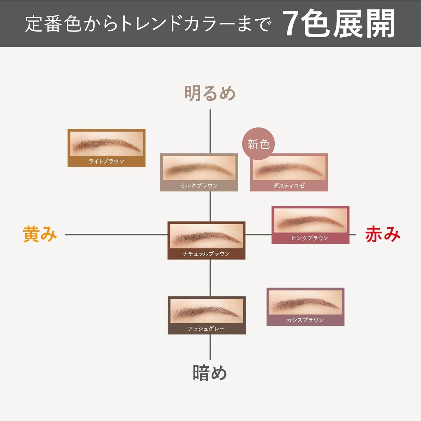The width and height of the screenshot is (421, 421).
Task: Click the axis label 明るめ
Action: click(x=210, y=93)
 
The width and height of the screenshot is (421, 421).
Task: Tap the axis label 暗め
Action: click(x=210, y=373)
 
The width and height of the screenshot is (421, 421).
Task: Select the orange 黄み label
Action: click(x=40, y=234)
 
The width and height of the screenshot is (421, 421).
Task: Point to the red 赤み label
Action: click(x=383, y=234)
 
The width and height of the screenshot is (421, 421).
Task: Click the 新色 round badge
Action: click(x=258, y=144)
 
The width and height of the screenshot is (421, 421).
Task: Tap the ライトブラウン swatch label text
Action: click(x=106, y=161)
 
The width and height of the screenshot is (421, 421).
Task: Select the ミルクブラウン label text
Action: click(x=199, y=186)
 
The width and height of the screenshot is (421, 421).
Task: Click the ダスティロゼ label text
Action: click(x=289, y=186)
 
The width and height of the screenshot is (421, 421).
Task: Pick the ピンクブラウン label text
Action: click(x=310, y=238)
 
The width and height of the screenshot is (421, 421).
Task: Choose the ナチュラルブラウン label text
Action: click(x=206, y=254)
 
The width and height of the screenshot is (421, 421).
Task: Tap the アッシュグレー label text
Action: click(x=206, y=329)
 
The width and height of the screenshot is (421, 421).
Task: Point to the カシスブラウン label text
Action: click(x=305, y=320)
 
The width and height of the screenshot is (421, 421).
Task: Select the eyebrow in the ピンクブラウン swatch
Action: click(x=309, y=222)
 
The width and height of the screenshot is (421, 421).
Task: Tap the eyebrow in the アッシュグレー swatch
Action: click(x=205, y=313)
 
